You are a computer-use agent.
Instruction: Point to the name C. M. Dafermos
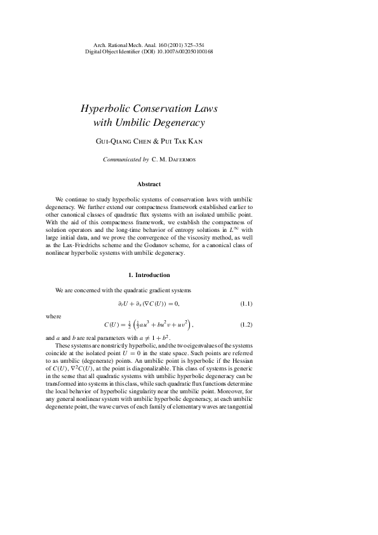(174, 160)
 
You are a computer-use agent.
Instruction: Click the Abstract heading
(149, 184)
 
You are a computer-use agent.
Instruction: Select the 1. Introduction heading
(149, 275)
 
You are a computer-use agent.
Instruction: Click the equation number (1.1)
(246, 303)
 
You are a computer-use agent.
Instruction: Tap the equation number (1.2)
(246, 325)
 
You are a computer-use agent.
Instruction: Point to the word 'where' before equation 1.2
(53, 316)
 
